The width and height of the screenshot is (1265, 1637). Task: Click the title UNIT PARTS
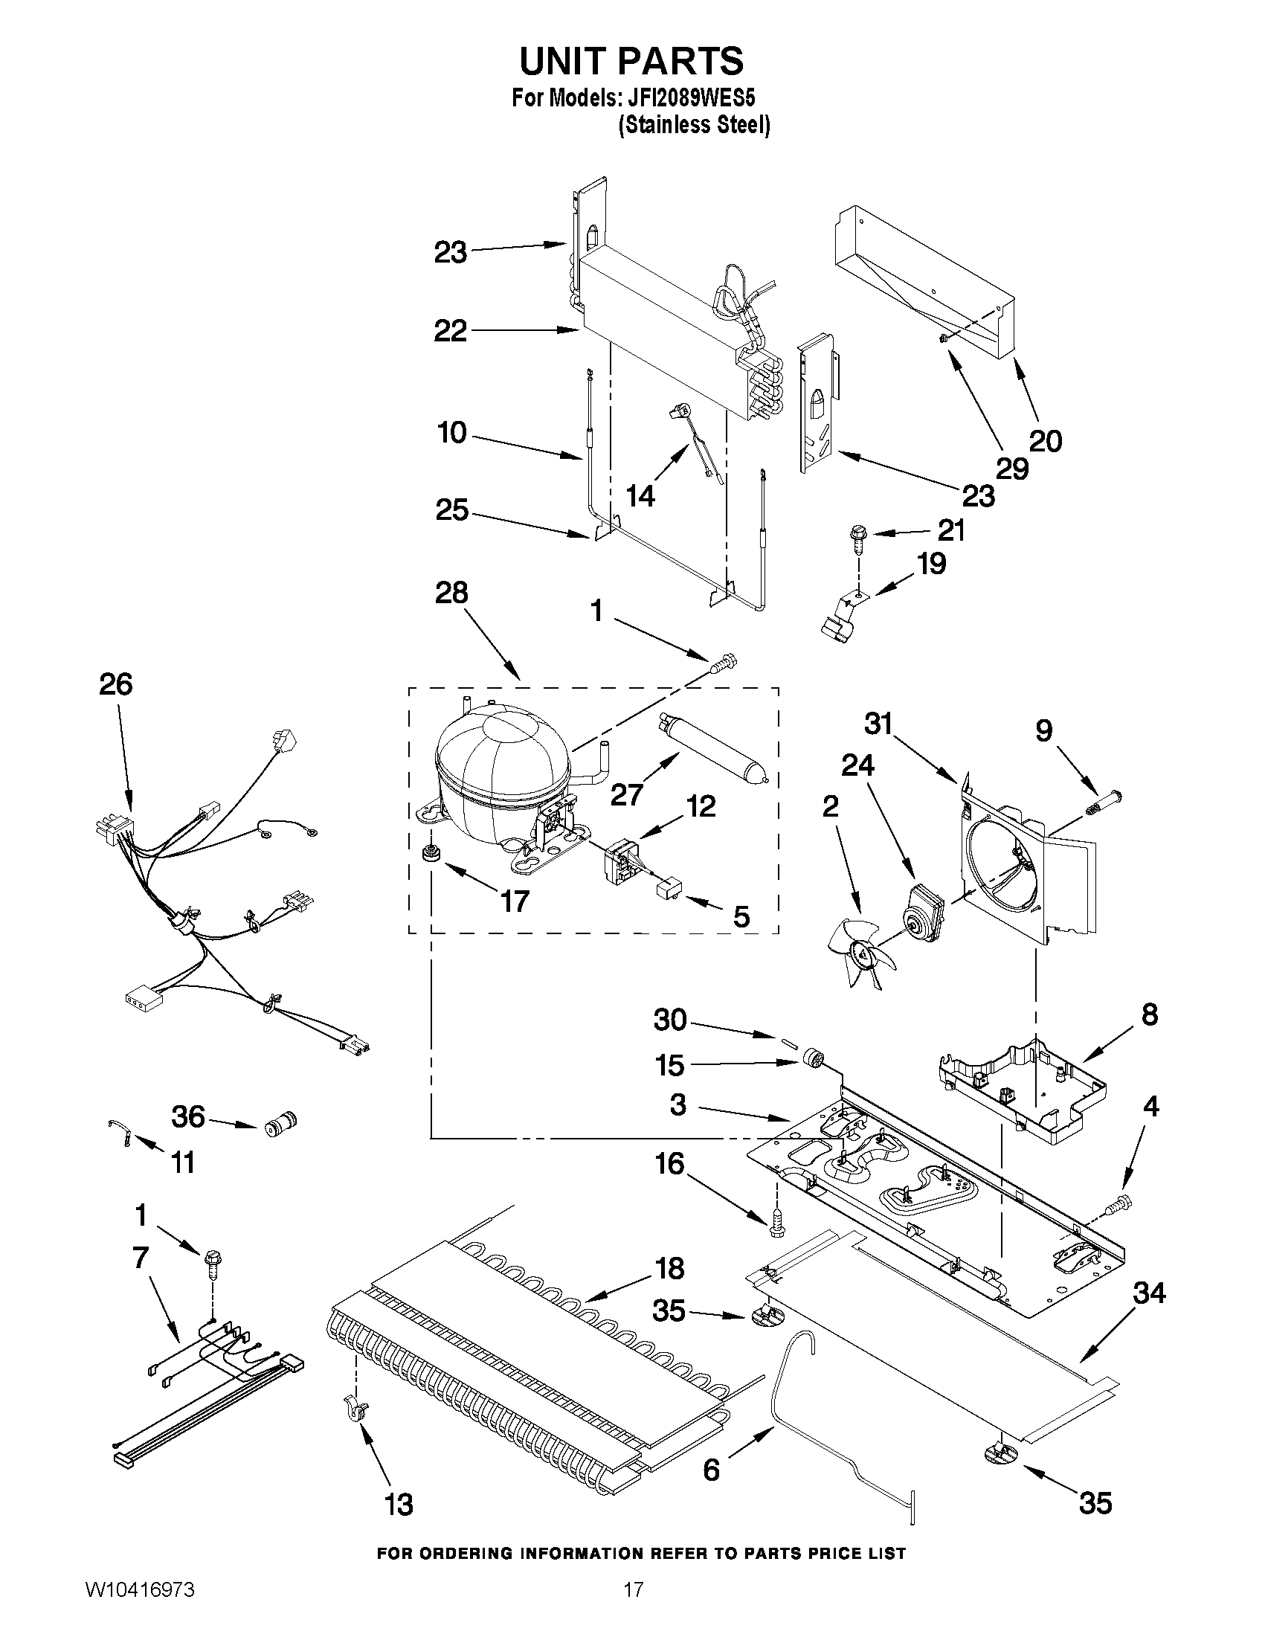(631, 61)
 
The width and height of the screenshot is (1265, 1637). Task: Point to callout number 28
(451, 594)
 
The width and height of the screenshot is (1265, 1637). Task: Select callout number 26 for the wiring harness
(115, 685)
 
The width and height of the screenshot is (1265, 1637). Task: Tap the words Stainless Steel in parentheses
(694, 124)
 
